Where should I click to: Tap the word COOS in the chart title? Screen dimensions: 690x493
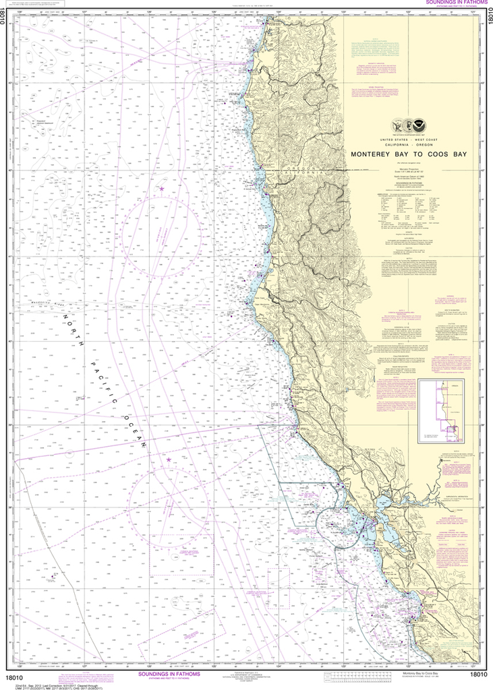click(x=441, y=154)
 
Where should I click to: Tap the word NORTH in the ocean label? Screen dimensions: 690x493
click(x=75, y=332)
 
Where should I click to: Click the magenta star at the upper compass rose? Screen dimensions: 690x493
click(x=161, y=189)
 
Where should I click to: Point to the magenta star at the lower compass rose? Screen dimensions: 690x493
click(x=168, y=460)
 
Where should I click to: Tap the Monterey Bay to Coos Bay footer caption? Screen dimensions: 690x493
click(x=424, y=673)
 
